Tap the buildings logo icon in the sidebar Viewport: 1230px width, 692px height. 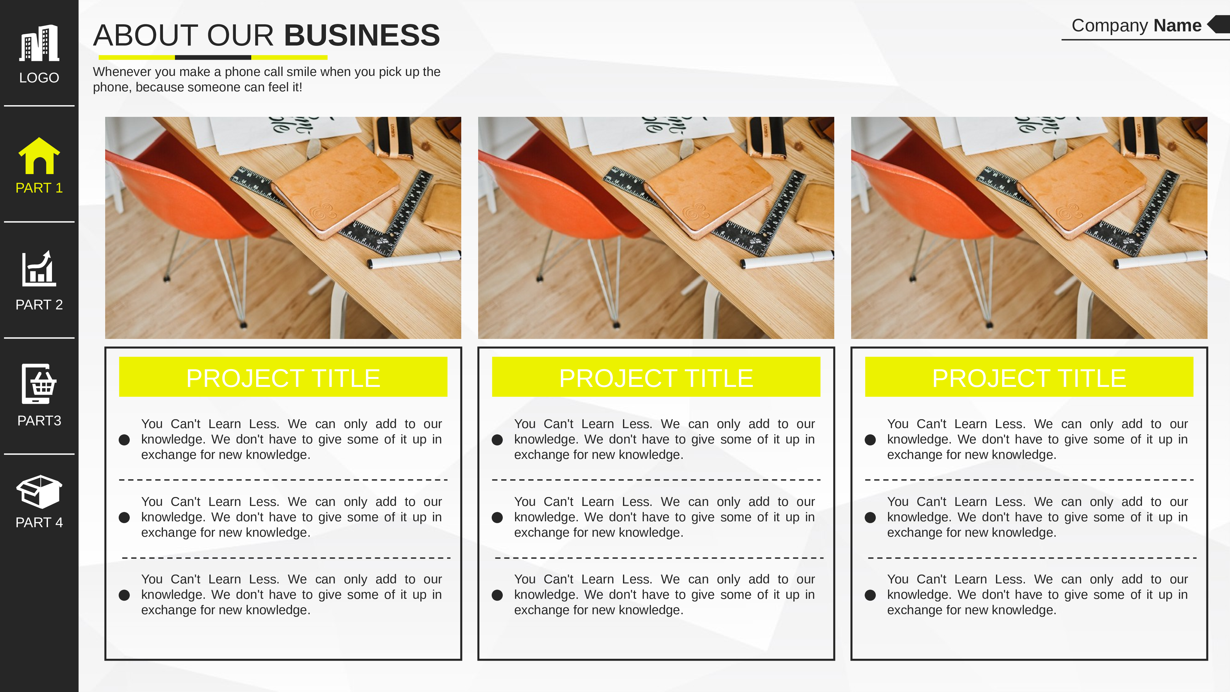39,43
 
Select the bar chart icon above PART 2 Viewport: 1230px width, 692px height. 39,268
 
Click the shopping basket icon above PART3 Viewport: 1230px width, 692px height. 39,384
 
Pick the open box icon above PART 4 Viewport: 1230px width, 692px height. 39,491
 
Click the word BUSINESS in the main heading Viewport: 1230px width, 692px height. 362,35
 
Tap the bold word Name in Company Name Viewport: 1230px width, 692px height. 1177,25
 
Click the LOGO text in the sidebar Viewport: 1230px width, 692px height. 39,78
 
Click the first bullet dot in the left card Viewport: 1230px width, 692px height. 124,440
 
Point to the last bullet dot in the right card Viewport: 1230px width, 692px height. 870,595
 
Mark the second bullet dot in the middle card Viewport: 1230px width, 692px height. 497,518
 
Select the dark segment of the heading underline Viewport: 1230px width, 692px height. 213,57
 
